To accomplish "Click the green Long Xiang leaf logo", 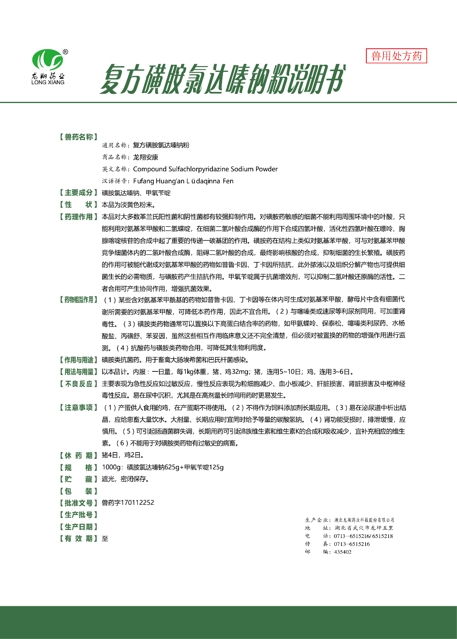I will (x=47, y=60).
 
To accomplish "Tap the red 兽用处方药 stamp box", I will (x=396, y=56).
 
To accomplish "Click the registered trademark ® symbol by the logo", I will (x=66, y=52).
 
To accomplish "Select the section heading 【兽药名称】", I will (x=78, y=137).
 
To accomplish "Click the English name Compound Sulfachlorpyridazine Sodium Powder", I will (x=205, y=169).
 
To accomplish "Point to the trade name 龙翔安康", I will (x=145, y=157).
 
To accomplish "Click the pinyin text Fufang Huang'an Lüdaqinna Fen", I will (x=183, y=181).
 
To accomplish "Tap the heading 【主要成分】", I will (x=78, y=193).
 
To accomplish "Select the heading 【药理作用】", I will (x=78, y=217).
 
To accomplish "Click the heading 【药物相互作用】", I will (x=78, y=300).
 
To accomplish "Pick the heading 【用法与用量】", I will (x=78, y=372).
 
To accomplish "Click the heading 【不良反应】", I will (x=78, y=384).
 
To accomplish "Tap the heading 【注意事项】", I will (x=78, y=407).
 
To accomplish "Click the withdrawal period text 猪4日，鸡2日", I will (x=123, y=455).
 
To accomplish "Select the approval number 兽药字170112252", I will (x=128, y=502).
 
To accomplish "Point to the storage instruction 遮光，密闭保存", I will (x=125, y=479).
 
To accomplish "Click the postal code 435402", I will (x=343, y=552).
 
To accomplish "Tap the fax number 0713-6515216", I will (x=352, y=544).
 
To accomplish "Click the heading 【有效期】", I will (x=78, y=538).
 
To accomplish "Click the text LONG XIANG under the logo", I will (x=48, y=82).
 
